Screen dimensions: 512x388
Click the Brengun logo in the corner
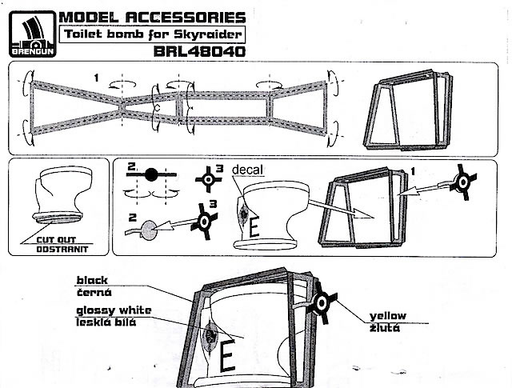point(32,34)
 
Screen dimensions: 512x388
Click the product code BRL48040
point(199,51)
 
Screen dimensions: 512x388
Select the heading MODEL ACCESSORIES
point(152,18)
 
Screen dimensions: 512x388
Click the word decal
point(247,170)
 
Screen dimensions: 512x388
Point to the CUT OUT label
point(56,240)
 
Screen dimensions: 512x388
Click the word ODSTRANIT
point(62,250)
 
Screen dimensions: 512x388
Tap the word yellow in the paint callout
point(388,316)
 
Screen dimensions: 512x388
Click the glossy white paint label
point(114,310)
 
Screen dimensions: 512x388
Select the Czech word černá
point(94,292)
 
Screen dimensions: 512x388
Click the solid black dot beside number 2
point(151,174)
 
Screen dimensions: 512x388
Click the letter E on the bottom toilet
point(227,355)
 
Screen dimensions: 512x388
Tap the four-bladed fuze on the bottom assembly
point(322,303)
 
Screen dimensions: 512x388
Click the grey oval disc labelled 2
point(148,230)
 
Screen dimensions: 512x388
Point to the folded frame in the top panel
point(408,110)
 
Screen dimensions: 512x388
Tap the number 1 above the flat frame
point(96,78)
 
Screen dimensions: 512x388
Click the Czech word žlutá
point(385,327)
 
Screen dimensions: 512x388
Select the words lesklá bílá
point(106,322)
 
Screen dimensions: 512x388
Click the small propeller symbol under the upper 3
point(208,179)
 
